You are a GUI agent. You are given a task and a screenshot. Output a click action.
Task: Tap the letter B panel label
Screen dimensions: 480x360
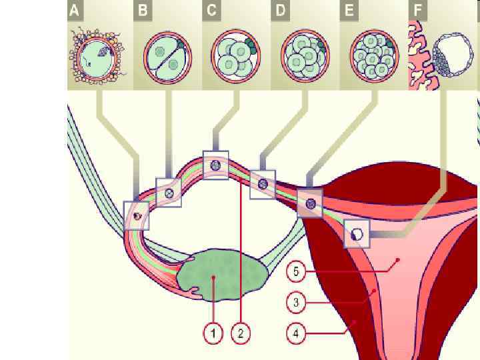pos(143,11)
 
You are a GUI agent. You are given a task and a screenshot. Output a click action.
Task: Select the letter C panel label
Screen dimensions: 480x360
pos(212,11)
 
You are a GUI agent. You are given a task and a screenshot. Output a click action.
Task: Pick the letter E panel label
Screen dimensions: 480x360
pos(349,11)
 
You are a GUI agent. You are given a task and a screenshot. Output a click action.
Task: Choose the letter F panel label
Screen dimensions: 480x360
pos(418,11)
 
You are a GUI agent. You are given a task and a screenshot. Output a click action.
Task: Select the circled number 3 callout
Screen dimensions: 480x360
pos(296,303)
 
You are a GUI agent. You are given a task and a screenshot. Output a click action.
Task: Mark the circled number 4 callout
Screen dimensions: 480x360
pos(296,331)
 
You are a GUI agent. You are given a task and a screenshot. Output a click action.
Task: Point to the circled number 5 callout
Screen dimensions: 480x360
pos(296,272)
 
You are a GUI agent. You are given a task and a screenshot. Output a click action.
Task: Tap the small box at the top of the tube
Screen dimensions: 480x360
pos(215,165)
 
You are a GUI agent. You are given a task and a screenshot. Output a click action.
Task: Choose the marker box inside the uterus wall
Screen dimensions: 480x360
pos(357,234)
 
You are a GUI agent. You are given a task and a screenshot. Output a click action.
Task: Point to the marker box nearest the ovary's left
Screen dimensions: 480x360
pos(137,215)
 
